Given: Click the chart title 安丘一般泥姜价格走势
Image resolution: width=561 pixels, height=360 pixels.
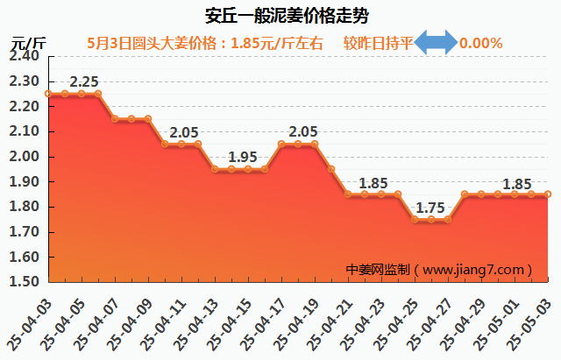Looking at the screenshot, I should pyautogui.click(x=280, y=16).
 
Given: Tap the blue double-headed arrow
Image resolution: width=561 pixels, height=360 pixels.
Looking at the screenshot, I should pyautogui.click(x=436, y=43).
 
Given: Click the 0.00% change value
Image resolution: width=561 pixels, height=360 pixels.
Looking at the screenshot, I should pyautogui.click(x=481, y=43).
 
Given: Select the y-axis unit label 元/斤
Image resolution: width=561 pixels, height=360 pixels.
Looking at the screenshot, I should pyautogui.click(x=28, y=43).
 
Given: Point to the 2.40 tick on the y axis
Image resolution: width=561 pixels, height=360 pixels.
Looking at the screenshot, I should pyautogui.click(x=25, y=56).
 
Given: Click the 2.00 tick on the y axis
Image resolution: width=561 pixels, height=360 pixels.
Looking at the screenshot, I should pyautogui.click(x=25, y=157).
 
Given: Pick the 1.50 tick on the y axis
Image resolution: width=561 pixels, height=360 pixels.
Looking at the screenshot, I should pyautogui.click(x=25, y=283).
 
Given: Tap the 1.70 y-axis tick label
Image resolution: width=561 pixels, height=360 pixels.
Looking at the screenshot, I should pyautogui.click(x=25, y=232).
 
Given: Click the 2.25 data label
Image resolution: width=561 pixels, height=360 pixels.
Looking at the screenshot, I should pyautogui.click(x=83, y=82).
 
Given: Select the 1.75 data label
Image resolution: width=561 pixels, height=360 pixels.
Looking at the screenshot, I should pyautogui.click(x=430, y=208).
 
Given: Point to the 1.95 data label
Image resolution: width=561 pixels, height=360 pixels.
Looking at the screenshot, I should pyautogui.click(x=243, y=158).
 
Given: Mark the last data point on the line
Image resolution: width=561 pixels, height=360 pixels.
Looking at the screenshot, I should pyautogui.click(x=548, y=194).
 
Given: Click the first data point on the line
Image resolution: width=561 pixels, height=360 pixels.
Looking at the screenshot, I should pyautogui.click(x=48, y=94).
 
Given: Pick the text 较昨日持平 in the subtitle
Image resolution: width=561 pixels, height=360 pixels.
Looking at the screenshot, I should pyautogui.click(x=378, y=43).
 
